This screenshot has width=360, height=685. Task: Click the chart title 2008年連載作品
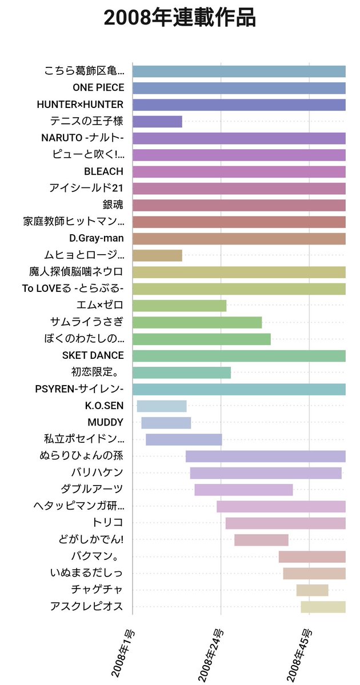point(180,18)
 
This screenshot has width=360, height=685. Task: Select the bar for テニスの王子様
point(157,121)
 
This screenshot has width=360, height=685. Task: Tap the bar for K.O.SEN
point(162,406)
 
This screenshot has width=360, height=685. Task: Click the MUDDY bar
point(166,423)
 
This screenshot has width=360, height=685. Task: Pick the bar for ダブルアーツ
point(243,490)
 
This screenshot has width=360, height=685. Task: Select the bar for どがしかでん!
point(261,540)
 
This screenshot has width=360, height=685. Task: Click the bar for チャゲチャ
point(312,590)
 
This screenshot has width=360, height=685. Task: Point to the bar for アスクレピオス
point(323,607)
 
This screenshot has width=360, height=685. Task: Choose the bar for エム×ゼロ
point(179,306)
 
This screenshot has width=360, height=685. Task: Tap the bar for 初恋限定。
point(182,372)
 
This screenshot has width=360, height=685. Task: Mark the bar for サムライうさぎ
point(197,322)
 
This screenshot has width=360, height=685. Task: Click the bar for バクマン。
point(312,556)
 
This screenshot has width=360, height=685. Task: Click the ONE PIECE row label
point(98,88)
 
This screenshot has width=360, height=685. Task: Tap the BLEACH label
point(103,171)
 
